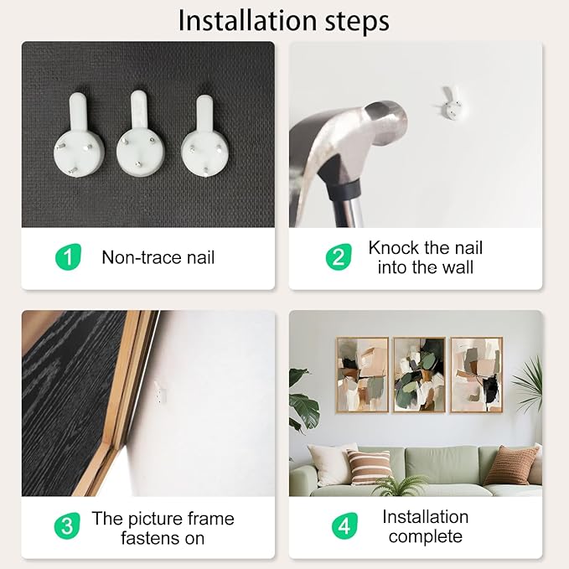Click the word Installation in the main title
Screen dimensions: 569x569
(x=247, y=21)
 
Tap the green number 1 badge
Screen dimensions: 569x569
(x=68, y=256)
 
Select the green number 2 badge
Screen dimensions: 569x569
(x=339, y=257)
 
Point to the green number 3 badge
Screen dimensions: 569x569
(x=67, y=525)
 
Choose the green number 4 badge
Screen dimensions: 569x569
(x=344, y=525)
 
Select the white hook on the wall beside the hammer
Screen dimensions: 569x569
(x=452, y=103)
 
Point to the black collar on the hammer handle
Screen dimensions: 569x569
(x=344, y=189)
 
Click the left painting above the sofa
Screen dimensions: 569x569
(x=362, y=375)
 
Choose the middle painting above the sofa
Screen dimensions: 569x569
(x=420, y=375)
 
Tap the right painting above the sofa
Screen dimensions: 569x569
(x=477, y=375)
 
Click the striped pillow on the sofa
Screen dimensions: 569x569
(x=369, y=467)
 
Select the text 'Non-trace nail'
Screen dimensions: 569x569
(x=158, y=257)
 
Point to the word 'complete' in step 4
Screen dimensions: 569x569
(x=426, y=536)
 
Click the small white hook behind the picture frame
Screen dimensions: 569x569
(x=160, y=391)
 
